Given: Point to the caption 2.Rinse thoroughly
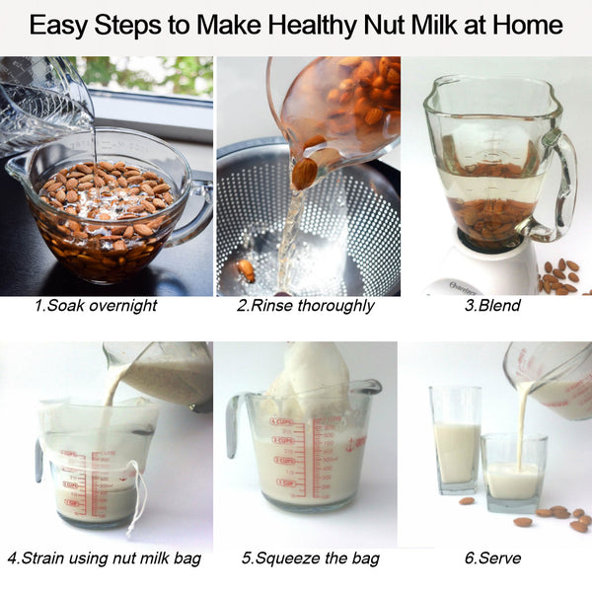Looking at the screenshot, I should (x=305, y=306).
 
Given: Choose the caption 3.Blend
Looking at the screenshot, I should (x=492, y=306).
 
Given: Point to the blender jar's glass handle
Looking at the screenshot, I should (x=562, y=187).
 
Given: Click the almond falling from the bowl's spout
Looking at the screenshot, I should (x=305, y=174).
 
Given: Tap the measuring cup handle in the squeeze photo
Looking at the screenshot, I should (x=233, y=424).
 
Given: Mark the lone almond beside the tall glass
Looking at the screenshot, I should (x=467, y=501).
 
